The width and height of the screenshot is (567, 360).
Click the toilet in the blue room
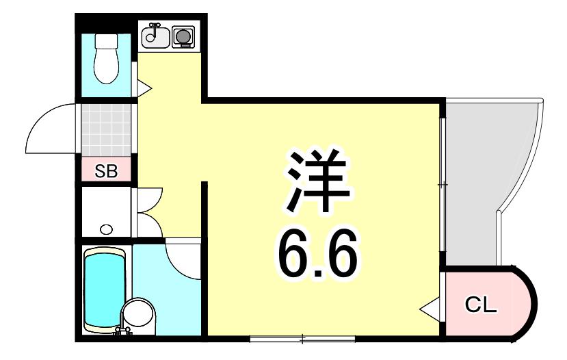(x=106, y=59)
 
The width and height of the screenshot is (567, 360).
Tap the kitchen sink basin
(x=155, y=37)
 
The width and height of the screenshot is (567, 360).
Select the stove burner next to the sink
(x=183, y=37)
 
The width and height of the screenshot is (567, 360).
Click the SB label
(x=106, y=171)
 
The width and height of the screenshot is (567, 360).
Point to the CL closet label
(x=481, y=306)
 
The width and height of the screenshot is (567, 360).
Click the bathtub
(x=105, y=290)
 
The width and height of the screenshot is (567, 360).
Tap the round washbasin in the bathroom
(x=138, y=314)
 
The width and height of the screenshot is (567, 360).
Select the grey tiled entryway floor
(x=106, y=130)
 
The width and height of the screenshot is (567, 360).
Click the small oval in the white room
(x=106, y=229)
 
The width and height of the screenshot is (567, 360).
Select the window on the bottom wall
(x=303, y=339)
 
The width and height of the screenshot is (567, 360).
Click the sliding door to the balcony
(x=443, y=185)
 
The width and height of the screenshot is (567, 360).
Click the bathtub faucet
(x=122, y=331)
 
